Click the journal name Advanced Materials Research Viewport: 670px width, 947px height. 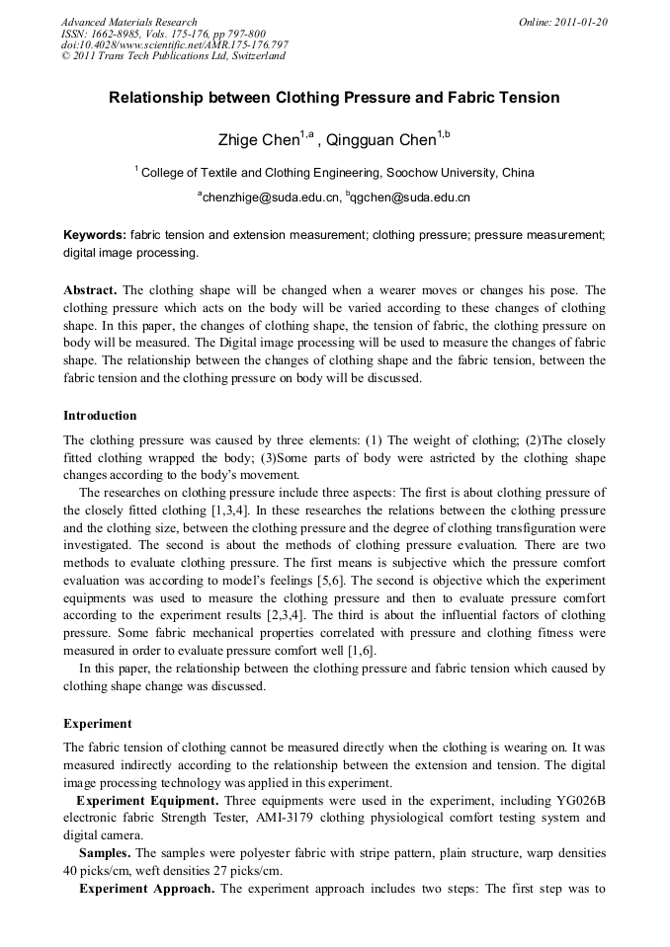click(129, 22)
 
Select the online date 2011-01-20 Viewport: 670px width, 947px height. click(563, 22)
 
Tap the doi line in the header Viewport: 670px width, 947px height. click(175, 44)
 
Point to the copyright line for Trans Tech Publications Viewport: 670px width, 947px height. click(173, 56)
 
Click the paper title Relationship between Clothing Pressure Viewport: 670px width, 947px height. click(334, 98)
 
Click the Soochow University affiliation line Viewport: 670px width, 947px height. click(337, 173)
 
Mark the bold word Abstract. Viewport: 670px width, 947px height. click(90, 290)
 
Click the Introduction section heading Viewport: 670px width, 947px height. click(100, 415)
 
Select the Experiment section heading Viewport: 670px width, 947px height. click(97, 723)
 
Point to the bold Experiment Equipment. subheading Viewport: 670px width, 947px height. click(147, 799)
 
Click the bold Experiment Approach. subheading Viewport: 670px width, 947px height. click(146, 888)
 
